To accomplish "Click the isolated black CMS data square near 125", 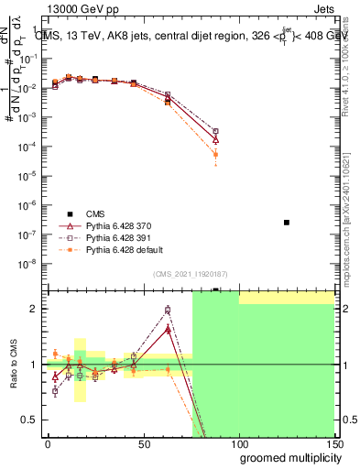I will (x=287, y=223).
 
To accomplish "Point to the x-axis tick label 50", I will (x=143, y=443).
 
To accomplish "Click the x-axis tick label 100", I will (x=238, y=443).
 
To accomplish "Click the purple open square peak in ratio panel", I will (x=167, y=310).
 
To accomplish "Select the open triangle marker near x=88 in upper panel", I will (x=215, y=140).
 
